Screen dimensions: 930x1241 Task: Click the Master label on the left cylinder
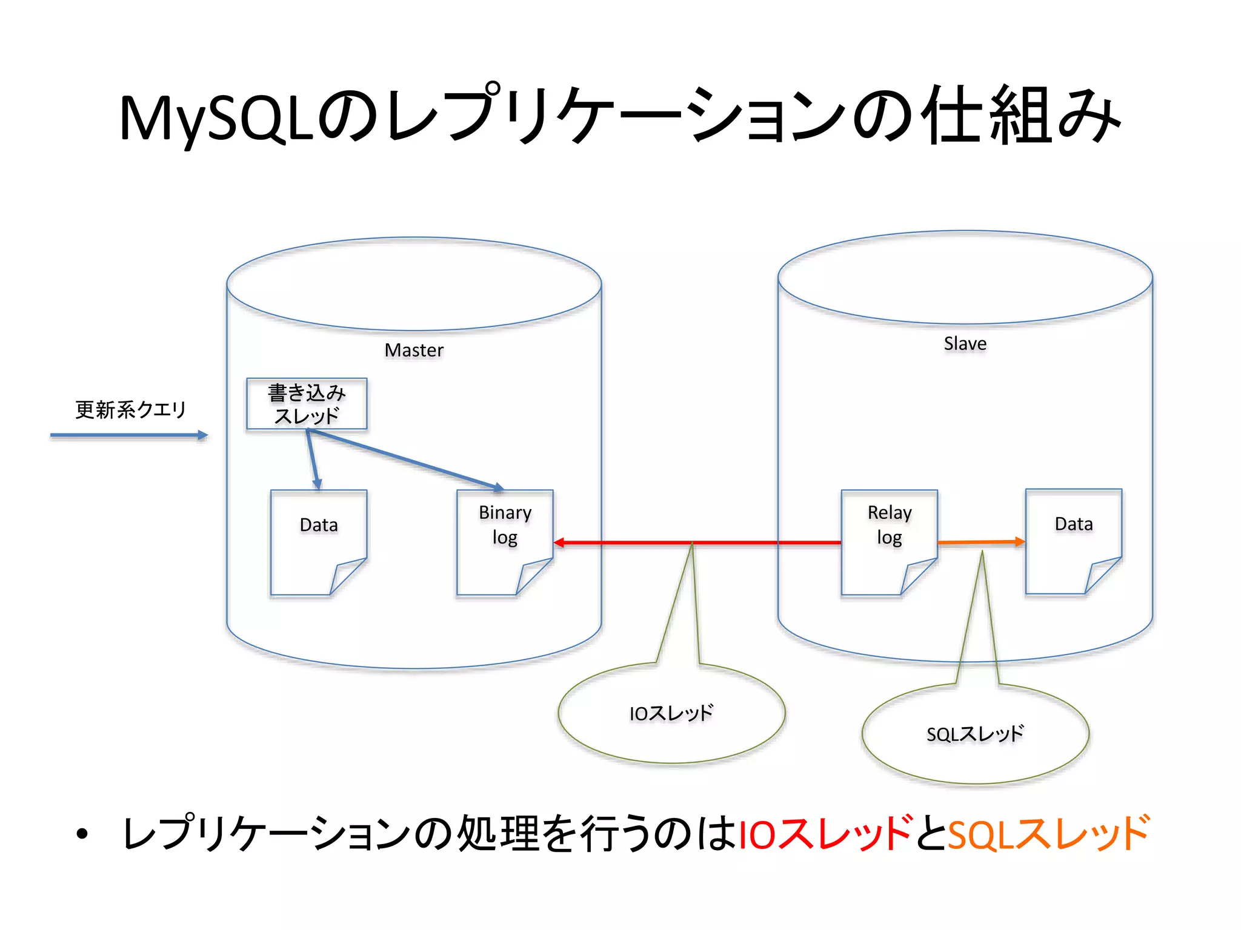pos(414,350)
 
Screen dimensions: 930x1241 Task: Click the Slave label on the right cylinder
pos(965,343)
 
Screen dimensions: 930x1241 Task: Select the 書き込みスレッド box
pos(307,404)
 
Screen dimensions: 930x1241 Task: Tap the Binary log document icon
pos(504,542)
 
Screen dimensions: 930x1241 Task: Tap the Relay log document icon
pos(889,542)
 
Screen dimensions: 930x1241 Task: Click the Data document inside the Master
pos(318,542)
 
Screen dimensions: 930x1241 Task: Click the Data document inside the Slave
pos(1073,541)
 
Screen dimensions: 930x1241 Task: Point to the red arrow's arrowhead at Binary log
pos(559,542)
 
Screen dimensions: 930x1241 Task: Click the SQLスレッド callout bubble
pos(975,734)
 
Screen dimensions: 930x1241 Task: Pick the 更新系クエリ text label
pos(130,410)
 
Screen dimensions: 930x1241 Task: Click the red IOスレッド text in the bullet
pos(825,834)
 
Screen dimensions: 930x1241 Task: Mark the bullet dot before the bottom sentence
pos(82,835)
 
